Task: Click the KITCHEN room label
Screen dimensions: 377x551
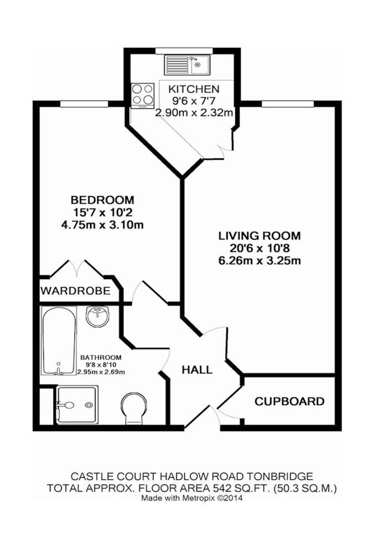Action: [x=194, y=89]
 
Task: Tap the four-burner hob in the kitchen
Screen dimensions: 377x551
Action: [x=142, y=96]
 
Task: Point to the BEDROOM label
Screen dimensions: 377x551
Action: [x=102, y=199]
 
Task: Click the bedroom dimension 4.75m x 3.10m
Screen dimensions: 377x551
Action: [x=102, y=225]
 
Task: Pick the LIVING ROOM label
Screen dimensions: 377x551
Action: [x=260, y=236]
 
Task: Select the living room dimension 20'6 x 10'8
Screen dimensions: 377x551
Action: [x=260, y=248]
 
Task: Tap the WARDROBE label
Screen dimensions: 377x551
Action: [x=75, y=291]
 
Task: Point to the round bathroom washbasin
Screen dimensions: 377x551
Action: [x=97, y=316]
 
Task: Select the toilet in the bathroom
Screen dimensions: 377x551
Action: [x=134, y=409]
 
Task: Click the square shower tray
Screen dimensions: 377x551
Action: [x=77, y=405]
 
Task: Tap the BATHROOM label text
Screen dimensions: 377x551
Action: [x=101, y=358]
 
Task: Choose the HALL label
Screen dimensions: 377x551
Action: [x=197, y=370]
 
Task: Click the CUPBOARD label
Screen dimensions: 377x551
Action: [x=290, y=401]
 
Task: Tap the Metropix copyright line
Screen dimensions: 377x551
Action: [x=192, y=498]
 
